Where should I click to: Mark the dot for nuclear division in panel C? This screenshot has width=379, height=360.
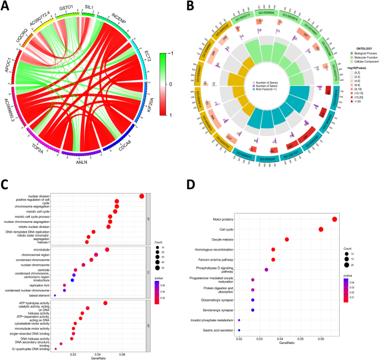pyautogui.click(x=142, y=196)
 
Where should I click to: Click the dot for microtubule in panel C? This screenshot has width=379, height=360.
pyautogui.click(x=107, y=249)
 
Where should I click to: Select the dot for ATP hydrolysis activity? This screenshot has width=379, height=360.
pyautogui.click(x=105, y=302)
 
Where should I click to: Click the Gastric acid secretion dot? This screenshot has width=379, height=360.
pyautogui.click(x=239, y=330)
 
